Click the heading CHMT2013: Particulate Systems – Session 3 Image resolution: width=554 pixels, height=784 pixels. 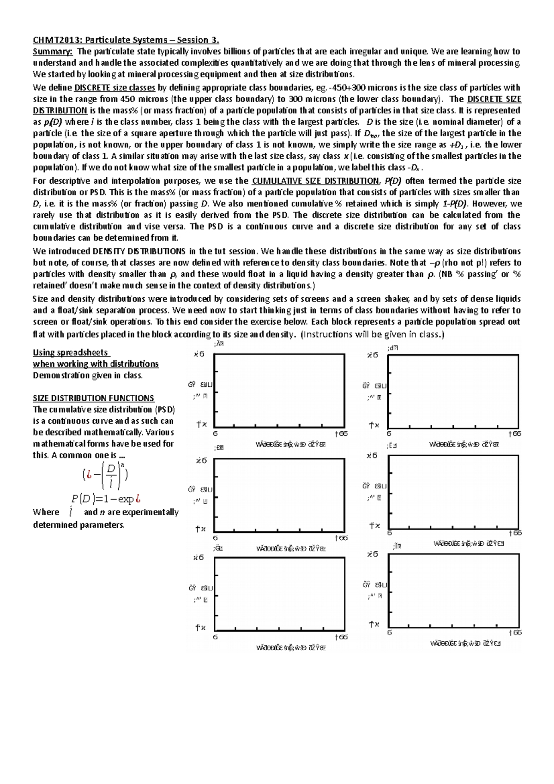(x=126, y=40)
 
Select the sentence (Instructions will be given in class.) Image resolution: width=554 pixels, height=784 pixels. (x=372, y=334)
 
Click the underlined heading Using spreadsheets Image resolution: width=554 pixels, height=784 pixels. (x=71, y=353)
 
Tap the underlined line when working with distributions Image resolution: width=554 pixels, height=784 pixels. (x=96, y=364)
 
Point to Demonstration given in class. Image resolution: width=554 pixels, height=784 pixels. (x=88, y=375)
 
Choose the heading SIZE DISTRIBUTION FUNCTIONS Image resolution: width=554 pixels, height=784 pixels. (x=93, y=398)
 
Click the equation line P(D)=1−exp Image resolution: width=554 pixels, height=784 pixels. (x=106, y=499)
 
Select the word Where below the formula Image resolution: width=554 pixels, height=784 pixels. (x=46, y=513)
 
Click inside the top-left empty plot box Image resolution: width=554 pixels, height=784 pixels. (x=279, y=391)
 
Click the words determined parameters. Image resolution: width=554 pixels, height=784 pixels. (x=78, y=525)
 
